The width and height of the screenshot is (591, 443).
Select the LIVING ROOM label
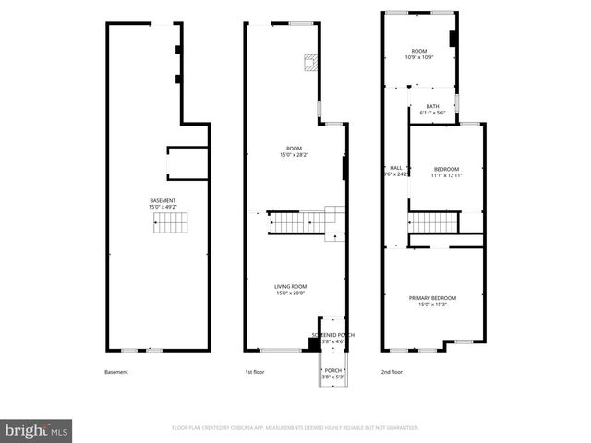[290, 289]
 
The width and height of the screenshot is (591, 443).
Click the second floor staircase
[434, 222]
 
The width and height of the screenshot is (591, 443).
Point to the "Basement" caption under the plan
[116, 372]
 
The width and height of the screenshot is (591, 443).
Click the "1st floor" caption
[255, 372]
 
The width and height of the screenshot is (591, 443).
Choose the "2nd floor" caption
[392, 372]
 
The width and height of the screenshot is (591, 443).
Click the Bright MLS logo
[37, 429]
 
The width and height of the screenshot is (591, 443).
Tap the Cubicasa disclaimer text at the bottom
[295, 427]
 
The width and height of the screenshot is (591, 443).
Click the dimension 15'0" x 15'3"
[433, 305]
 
